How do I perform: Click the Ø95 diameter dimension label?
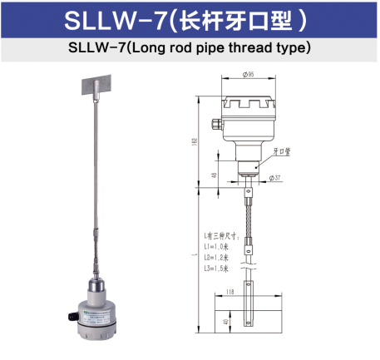tap(247, 76)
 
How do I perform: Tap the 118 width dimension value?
tap(229, 291)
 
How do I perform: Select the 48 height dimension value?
tap(214, 175)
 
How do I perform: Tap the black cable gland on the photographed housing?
tap(71, 315)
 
